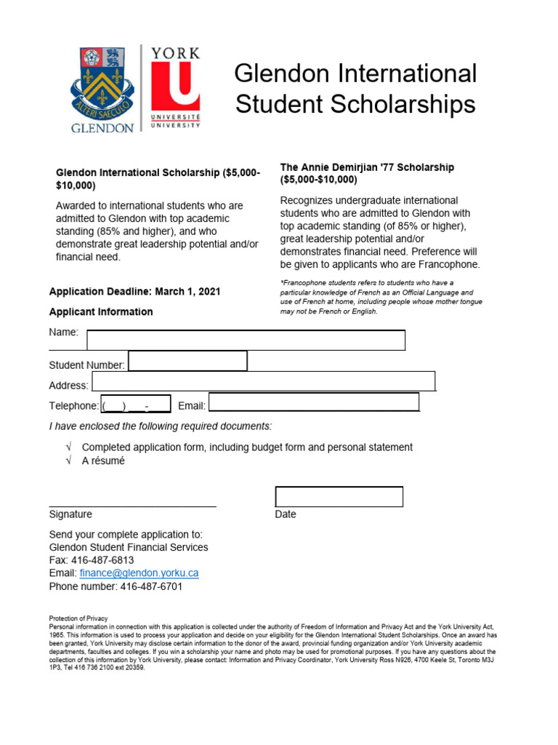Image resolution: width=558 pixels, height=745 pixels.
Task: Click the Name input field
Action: pyautogui.click(x=246, y=340)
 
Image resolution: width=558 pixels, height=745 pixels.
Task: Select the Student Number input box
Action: pyautogui.click(x=187, y=361)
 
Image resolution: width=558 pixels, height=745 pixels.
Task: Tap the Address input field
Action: pyautogui.click(x=263, y=381)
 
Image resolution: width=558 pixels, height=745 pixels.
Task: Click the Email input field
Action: pyautogui.click(x=314, y=402)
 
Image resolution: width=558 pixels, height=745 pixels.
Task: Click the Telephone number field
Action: pyautogui.click(x=135, y=405)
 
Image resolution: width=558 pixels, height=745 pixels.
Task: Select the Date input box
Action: pyautogui.click(x=339, y=497)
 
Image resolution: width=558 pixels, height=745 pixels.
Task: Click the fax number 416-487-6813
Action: pyautogui.click(x=103, y=560)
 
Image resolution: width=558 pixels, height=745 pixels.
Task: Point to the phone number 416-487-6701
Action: pyautogui.click(x=151, y=586)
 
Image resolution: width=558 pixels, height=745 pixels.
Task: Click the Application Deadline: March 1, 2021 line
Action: pyautogui.click(x=134, y=292)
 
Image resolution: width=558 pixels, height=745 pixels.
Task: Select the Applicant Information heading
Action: pyautogui.click(x=101, y=312)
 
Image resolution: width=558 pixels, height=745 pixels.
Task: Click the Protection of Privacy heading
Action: pyautogui.click(x=77, y=618)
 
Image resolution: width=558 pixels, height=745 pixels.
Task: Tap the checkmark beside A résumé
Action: pyautogui.click(x=68, y=461)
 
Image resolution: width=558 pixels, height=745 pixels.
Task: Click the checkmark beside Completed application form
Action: pyautogui.click(x=68, y=447)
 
